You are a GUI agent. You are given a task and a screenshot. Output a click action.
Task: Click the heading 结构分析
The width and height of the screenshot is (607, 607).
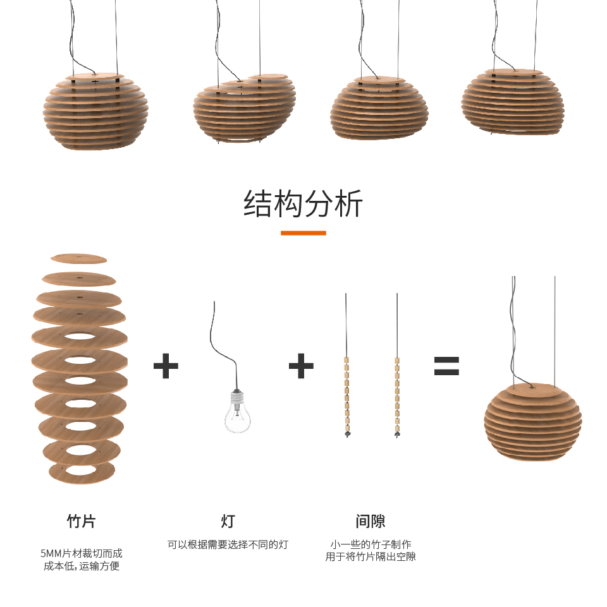point(303,203)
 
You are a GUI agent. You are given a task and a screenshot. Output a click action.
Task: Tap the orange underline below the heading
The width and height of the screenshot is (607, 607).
point(303,233)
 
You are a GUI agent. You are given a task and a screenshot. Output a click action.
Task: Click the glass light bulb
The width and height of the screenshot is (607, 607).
point(237,412)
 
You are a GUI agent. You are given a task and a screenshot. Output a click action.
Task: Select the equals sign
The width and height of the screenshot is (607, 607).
point(446,366)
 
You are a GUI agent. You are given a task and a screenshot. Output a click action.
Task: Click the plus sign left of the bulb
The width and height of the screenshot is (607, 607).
point(166,366)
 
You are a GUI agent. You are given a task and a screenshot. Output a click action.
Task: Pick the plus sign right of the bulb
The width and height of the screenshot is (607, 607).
point(301,366)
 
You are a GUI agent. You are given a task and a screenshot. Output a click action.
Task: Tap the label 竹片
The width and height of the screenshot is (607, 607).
point(82,521)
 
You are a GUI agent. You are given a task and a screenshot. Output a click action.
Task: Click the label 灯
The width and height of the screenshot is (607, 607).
point(228,521)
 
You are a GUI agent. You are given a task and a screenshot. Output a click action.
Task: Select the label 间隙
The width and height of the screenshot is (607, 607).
point(371,521)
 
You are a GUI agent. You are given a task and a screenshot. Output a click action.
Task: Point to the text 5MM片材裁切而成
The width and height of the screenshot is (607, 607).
point(82,553)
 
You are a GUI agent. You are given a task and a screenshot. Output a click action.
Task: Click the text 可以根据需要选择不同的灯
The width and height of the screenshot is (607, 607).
point(228,544)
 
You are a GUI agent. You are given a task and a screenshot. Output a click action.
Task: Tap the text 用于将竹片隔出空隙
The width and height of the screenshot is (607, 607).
point(371,556)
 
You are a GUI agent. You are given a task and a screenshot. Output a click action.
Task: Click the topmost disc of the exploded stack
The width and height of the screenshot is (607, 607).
point(78,258)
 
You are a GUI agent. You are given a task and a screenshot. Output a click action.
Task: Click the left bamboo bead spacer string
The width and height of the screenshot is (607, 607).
point(346,397)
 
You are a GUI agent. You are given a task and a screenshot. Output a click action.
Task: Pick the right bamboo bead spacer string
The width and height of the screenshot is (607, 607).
point(397,397)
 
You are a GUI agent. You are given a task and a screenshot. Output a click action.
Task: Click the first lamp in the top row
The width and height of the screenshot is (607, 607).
point(95,111)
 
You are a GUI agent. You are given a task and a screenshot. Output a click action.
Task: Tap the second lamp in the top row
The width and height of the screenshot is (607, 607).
point(244,109)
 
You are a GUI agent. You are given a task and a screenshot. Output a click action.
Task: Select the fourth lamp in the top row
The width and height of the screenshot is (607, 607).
point(512,102)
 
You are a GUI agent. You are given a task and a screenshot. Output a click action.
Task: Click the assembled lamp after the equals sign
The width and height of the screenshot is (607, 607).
point(532,421)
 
